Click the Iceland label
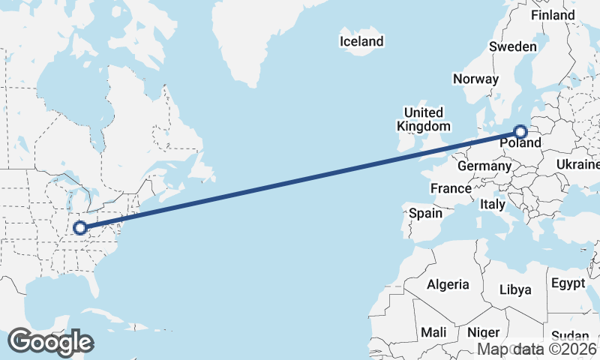361,42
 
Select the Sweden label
513,46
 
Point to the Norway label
475,79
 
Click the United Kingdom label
424,119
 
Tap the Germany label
483,166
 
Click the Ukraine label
578,164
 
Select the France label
451,188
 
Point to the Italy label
493,204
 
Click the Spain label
425,214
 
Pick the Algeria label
448,285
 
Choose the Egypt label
568,283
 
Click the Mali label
433,332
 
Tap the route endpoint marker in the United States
79,227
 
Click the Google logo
50,342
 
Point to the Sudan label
571,336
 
